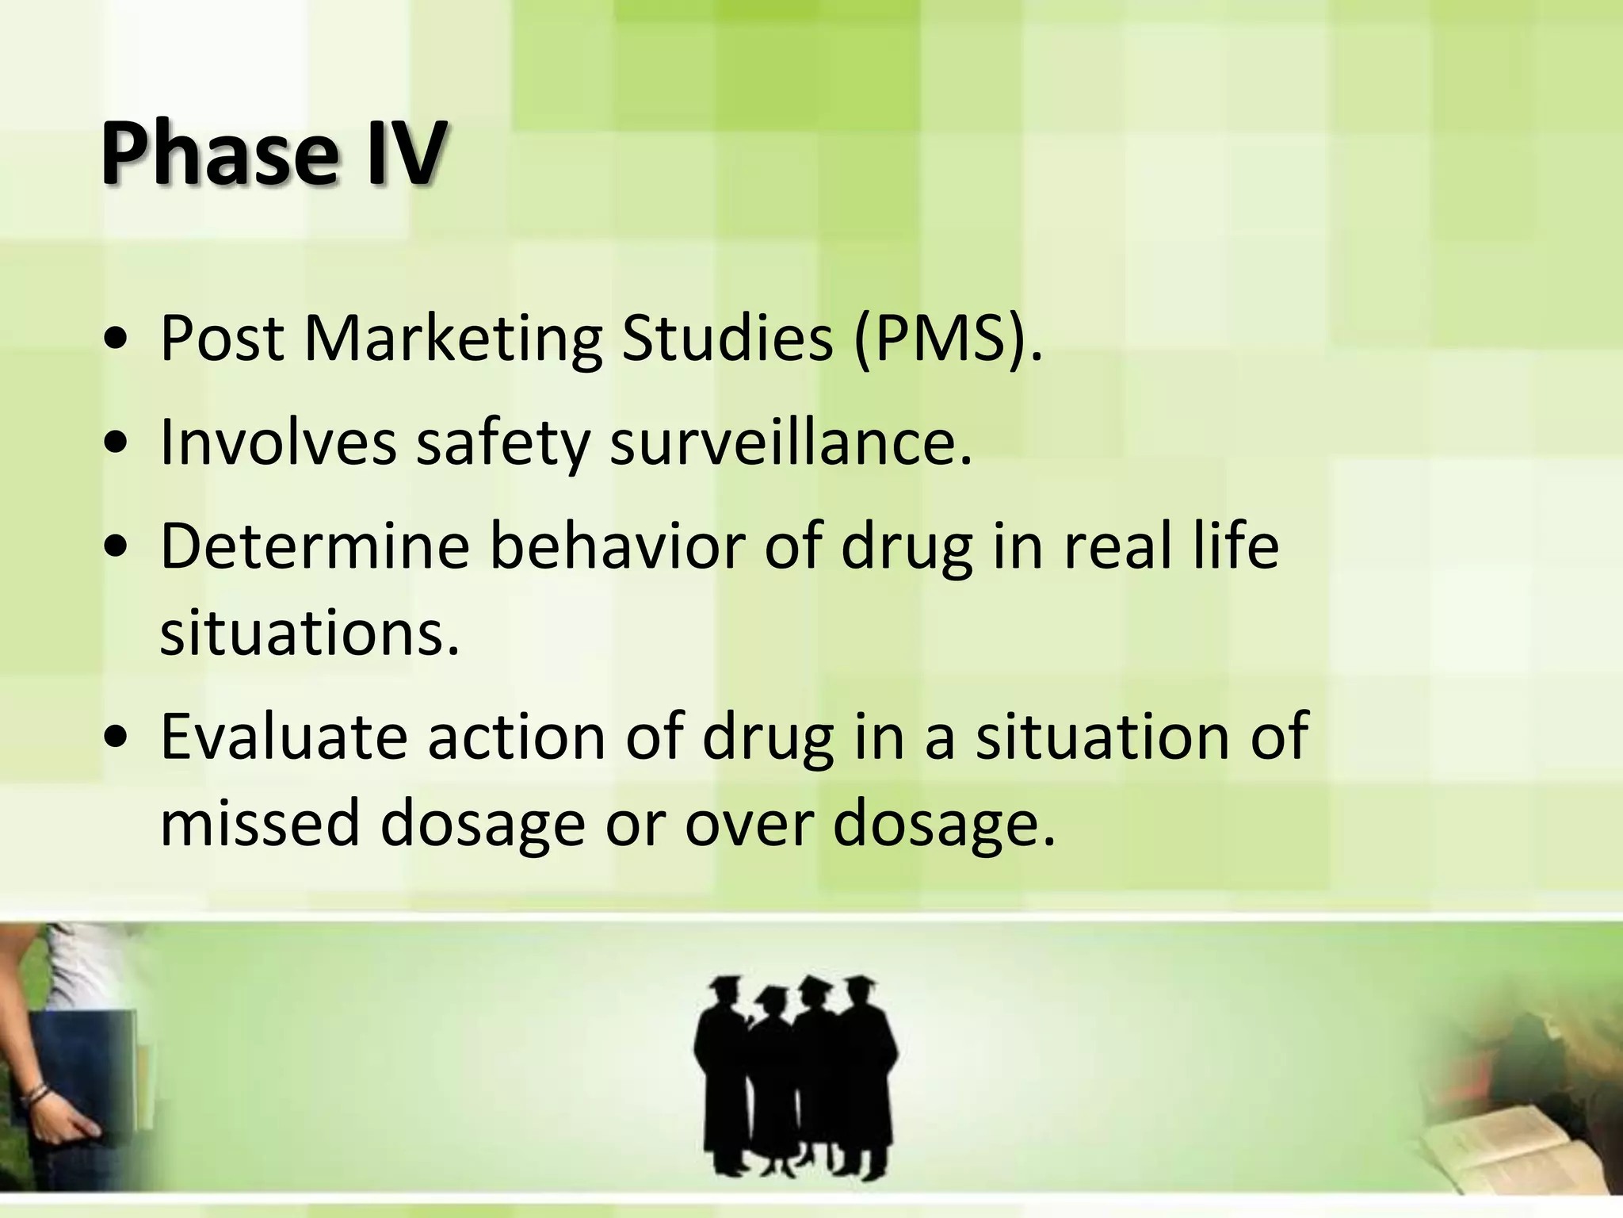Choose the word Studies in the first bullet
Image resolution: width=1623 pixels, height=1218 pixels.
pyautogui.click(x=727, y=339)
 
